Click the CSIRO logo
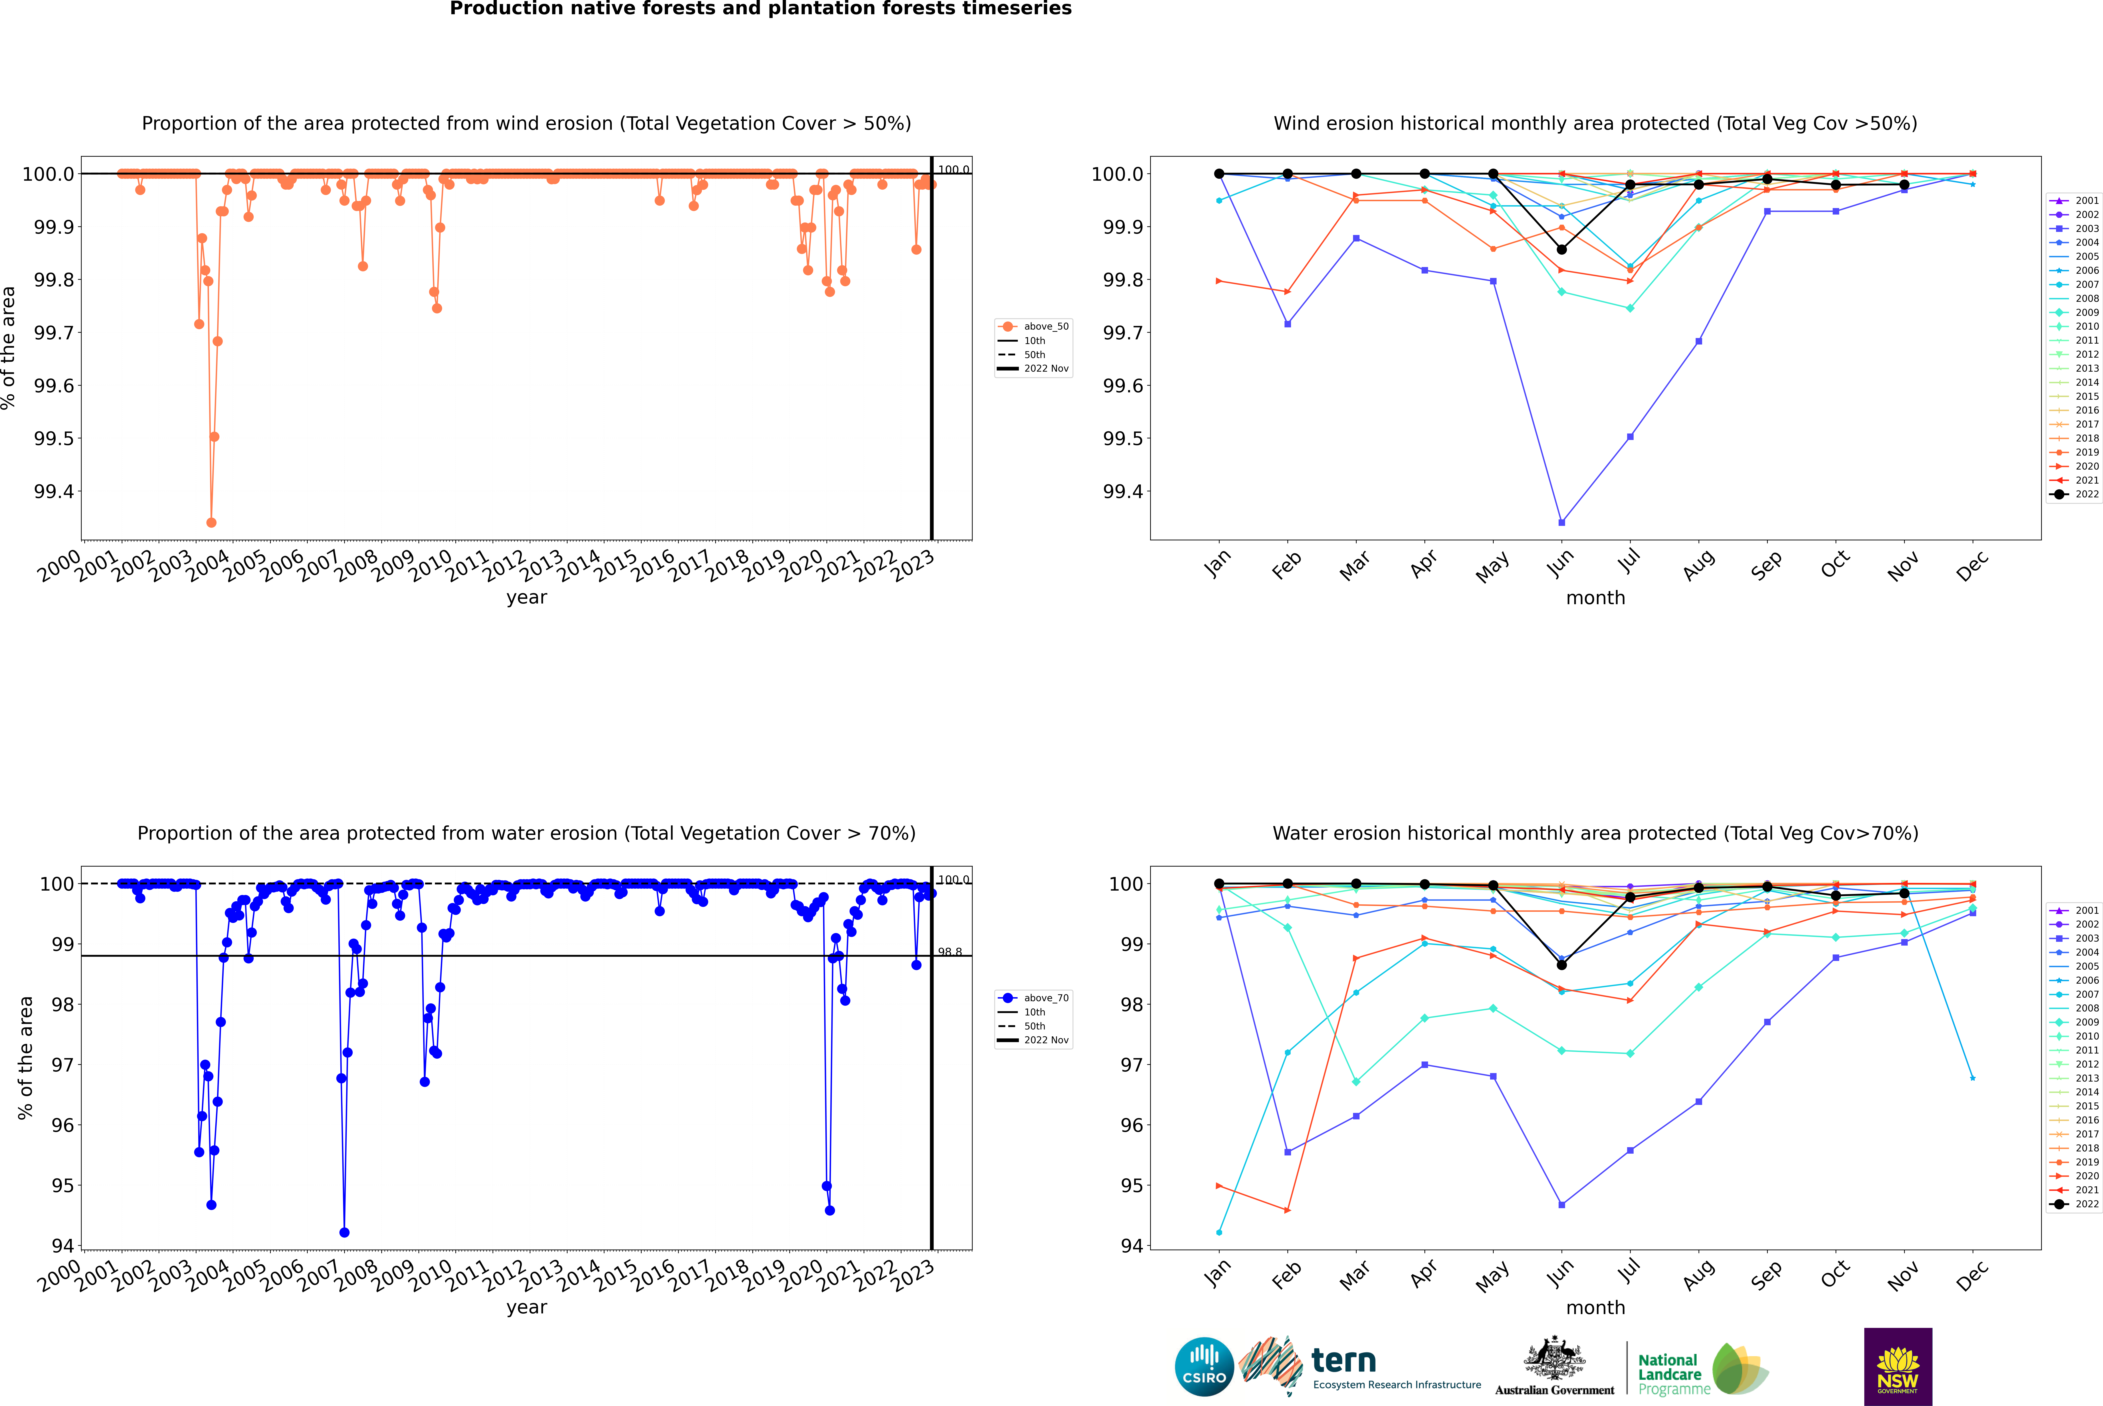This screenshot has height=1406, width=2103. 1204,1367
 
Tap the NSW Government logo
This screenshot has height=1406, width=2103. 1898,1367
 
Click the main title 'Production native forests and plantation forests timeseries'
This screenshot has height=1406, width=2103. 760,9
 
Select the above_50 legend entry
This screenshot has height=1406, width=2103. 1045,326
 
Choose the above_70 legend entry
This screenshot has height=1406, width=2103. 1045,998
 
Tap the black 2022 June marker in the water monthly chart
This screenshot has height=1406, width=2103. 1562,965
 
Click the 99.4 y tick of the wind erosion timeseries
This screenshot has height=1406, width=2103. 54,491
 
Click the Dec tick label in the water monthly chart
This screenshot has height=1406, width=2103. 1971,1275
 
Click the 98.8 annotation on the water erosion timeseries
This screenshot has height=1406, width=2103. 949,952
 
